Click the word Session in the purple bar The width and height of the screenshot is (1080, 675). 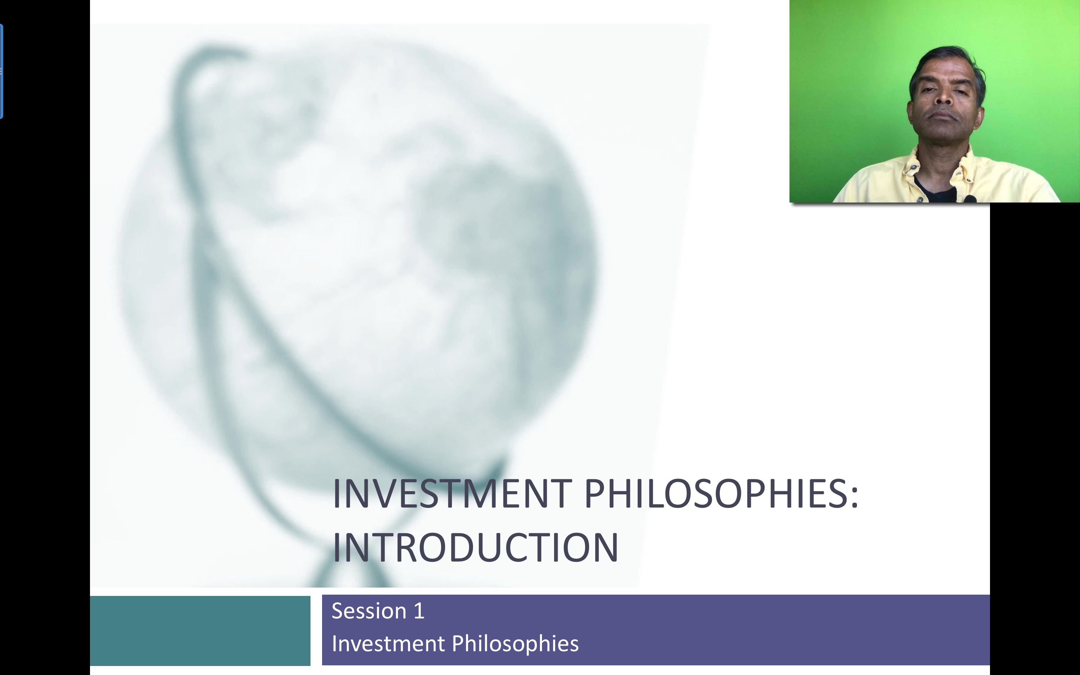point(369,611)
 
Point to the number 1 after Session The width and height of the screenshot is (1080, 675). point(419,611)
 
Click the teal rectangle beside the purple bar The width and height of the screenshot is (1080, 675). point(200,630)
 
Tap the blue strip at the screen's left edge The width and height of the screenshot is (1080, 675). point(1,71)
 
